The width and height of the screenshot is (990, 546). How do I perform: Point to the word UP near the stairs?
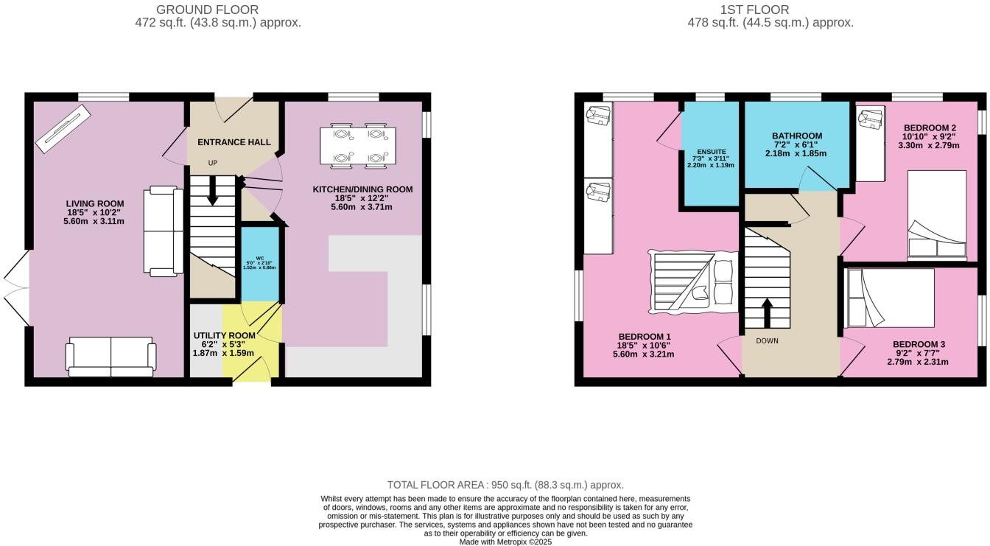(213, 163)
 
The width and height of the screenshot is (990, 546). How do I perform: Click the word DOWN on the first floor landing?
(768, 341)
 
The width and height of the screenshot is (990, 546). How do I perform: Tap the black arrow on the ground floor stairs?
(213, 190)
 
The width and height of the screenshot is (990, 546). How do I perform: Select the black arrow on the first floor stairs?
(768, 312)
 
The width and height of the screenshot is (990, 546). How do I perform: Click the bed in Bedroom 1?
(693, 282)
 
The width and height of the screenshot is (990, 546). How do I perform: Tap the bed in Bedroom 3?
(889, 298)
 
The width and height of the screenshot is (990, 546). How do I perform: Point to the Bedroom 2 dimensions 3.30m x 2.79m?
(929, 145)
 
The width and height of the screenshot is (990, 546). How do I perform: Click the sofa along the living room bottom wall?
(111, 357)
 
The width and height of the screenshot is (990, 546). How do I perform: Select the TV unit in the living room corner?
(63, 128)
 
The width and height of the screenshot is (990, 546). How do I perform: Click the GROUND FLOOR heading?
(207, 10)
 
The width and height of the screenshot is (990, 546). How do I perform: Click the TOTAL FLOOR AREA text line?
(505, 485)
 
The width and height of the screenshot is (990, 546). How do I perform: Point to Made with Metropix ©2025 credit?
(505, 542)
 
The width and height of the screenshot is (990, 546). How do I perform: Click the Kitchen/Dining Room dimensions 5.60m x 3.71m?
(362, 207)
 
